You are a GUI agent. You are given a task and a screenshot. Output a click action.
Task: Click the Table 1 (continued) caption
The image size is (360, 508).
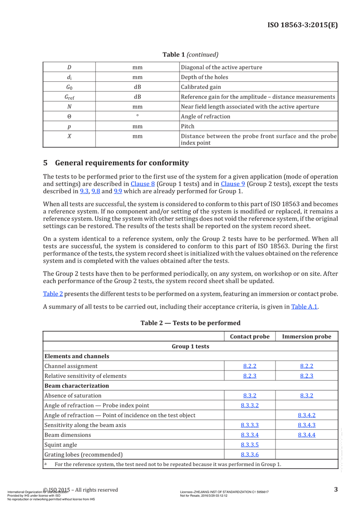(190, 55)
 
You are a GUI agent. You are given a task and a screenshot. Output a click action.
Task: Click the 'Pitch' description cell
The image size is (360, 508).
(188, 126)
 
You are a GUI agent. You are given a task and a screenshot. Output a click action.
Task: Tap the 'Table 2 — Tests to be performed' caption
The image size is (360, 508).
(190, 323)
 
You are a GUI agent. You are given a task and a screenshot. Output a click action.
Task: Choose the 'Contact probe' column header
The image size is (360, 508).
(250, 337)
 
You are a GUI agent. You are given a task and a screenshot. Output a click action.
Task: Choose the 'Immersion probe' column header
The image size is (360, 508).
(306, 337)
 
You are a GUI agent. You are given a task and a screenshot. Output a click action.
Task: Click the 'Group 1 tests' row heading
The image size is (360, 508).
(190, 347)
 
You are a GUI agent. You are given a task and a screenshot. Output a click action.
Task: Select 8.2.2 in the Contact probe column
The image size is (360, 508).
(250, 366)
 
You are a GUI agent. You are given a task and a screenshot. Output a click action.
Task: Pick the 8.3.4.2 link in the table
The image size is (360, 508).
(306, 415)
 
